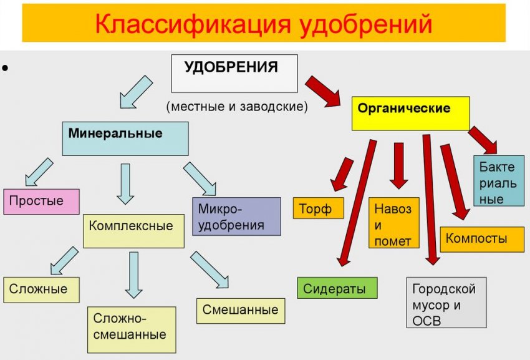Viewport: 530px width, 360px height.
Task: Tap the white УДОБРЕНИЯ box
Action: coord(234,73)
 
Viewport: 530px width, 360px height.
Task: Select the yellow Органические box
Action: coord(410,113)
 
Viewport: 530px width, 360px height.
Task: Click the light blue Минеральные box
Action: coord(125,138)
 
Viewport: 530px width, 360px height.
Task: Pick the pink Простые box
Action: coord(41,202)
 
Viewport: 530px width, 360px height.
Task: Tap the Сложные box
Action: coord(41,289)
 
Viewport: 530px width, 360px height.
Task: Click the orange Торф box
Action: coord(318,208)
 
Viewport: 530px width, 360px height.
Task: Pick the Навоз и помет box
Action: coord(393,223)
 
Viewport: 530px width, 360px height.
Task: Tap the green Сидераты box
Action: coord(337,288)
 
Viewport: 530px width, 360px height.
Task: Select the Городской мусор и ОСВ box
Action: coord(445,303)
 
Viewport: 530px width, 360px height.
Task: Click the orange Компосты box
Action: coord(481,239)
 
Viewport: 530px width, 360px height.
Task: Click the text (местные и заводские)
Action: coord(237,107)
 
